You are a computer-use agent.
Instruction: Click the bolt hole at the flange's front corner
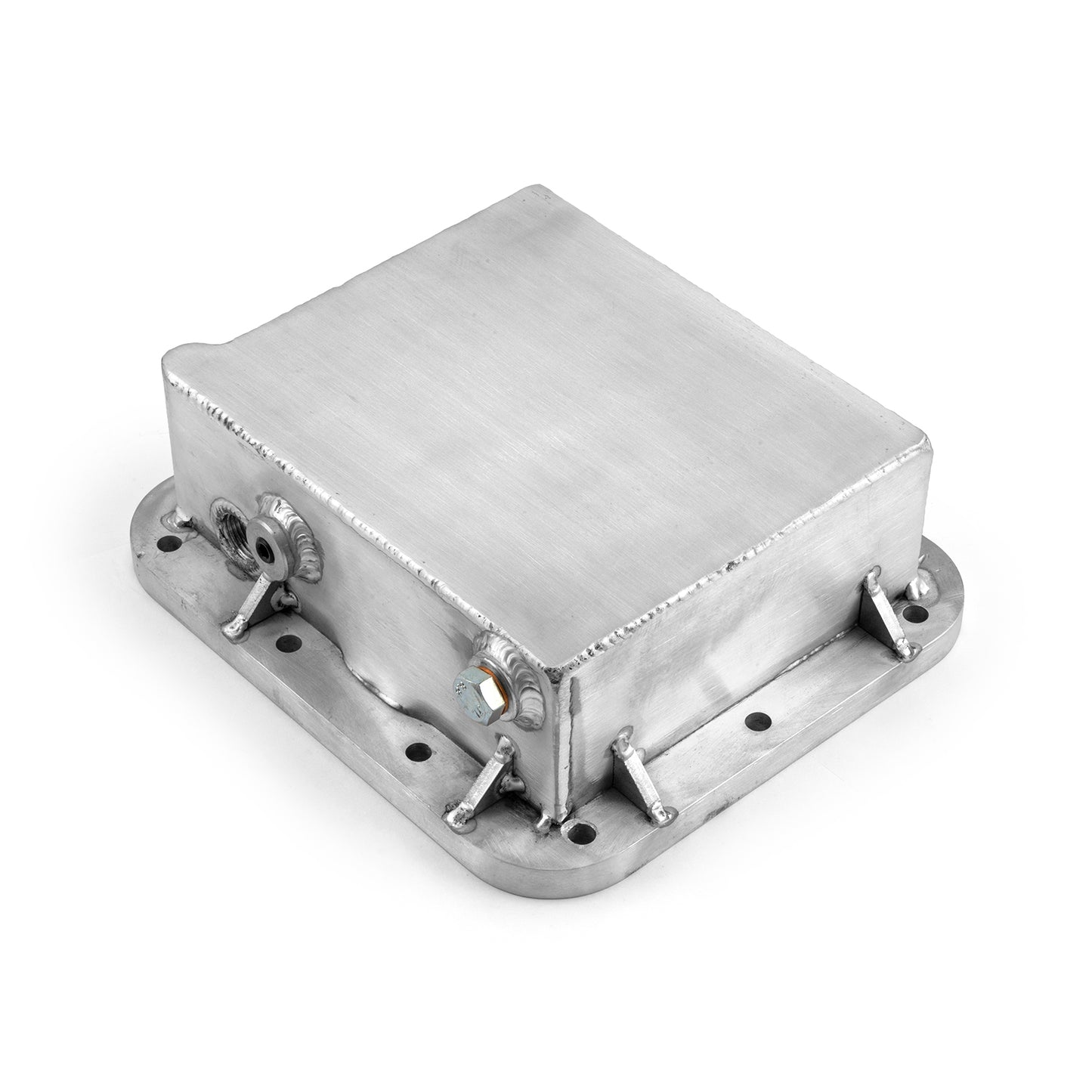click(580, 834)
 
